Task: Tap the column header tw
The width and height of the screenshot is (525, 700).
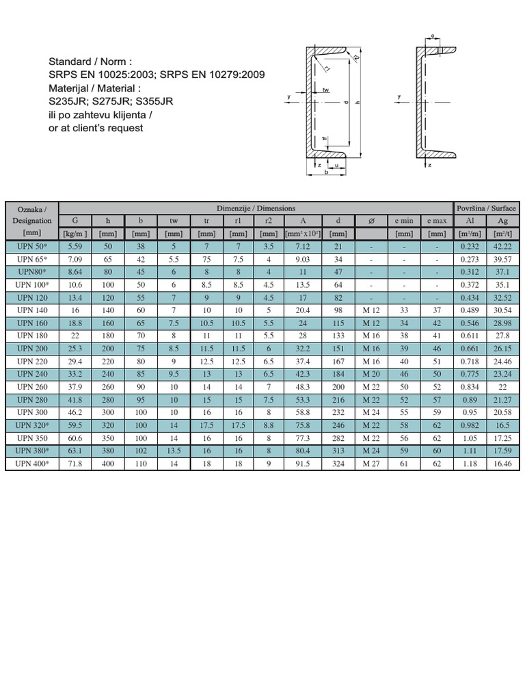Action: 174,221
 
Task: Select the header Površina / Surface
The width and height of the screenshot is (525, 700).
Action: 487,208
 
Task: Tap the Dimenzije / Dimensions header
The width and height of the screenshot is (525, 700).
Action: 256,208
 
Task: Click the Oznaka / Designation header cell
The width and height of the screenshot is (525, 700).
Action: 31,214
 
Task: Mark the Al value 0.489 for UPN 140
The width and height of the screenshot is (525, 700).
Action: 469,310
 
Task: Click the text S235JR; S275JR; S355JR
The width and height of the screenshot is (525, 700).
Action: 111,101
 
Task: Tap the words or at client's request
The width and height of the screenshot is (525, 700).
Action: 96,128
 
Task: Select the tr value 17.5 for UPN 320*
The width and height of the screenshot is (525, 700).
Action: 207,426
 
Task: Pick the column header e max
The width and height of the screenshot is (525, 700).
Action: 437,221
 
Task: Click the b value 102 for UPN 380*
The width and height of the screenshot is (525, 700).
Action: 140,452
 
